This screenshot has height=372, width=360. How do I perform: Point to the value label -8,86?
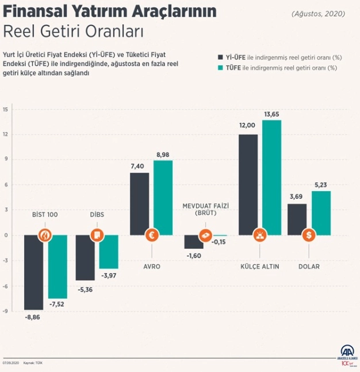tap(33, 317)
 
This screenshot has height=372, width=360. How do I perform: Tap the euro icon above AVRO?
tap(152, 235)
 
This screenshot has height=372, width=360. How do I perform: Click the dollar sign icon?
tap(309, 235)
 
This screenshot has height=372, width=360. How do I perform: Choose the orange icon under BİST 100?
tap(45, 235)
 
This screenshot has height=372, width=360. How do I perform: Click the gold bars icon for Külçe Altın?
tap(259, 235)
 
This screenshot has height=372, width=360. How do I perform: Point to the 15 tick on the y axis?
tap(5, 109)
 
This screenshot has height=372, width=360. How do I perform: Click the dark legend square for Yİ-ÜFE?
tap(220, 57)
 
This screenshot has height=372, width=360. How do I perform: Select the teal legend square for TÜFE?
tap(220, 68)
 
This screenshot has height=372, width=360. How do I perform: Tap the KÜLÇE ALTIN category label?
tap(259, 267)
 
